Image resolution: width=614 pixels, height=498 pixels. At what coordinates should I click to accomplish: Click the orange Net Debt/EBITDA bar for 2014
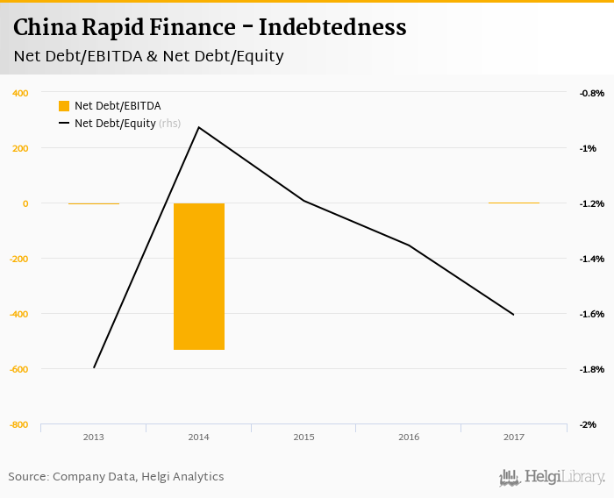[199, 276]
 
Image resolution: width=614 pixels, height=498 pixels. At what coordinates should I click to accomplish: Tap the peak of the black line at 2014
[199, 127]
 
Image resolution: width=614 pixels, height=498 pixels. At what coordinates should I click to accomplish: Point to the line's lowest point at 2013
[94, 367]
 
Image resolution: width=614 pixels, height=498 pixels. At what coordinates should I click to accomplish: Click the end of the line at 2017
[514, 314]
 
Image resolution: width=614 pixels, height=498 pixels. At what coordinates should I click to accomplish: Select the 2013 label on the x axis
[94, 437]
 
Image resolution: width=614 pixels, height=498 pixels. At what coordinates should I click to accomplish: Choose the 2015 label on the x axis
[303, 437]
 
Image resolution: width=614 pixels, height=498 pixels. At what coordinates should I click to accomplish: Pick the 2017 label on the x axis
[513, 437]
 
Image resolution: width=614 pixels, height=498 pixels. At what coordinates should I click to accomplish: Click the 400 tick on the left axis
[20, 93]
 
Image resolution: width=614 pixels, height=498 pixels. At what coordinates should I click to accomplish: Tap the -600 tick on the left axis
[18, 369]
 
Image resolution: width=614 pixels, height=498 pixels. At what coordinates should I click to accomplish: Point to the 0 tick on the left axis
[25, 203]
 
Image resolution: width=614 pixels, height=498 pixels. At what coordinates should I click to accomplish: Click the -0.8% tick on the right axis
[592, 93]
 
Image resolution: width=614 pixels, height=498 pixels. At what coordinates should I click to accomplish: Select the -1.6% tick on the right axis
[592, 314]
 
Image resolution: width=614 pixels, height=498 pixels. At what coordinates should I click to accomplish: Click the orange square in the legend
[64, 106]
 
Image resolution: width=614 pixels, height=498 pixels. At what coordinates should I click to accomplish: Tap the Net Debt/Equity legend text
[115, 124]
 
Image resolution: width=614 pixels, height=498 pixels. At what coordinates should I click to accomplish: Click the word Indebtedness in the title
[338, 28]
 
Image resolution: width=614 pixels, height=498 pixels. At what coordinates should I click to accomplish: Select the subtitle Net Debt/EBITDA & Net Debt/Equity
[148, 57]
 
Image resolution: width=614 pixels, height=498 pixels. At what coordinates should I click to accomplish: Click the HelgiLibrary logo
[553, 477]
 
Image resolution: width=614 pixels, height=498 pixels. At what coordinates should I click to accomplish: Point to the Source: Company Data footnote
[116, 477]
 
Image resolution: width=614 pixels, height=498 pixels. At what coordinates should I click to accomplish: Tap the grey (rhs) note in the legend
[170, 124]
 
